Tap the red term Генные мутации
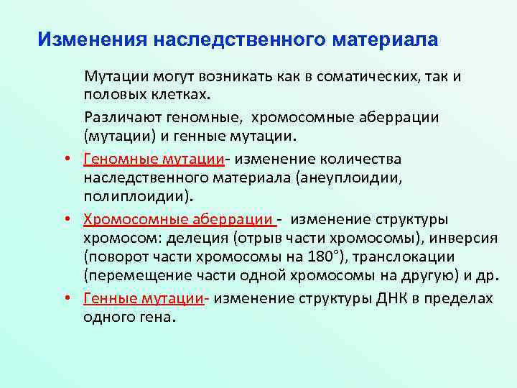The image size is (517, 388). tap(144, 298)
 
